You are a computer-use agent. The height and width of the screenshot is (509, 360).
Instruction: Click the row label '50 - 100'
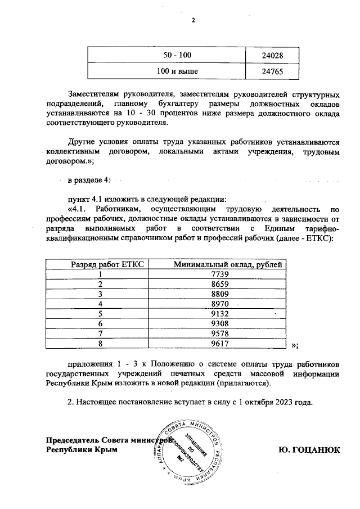[x=177, y=55]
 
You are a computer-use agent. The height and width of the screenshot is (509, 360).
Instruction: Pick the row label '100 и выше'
[x=177, y=72]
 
